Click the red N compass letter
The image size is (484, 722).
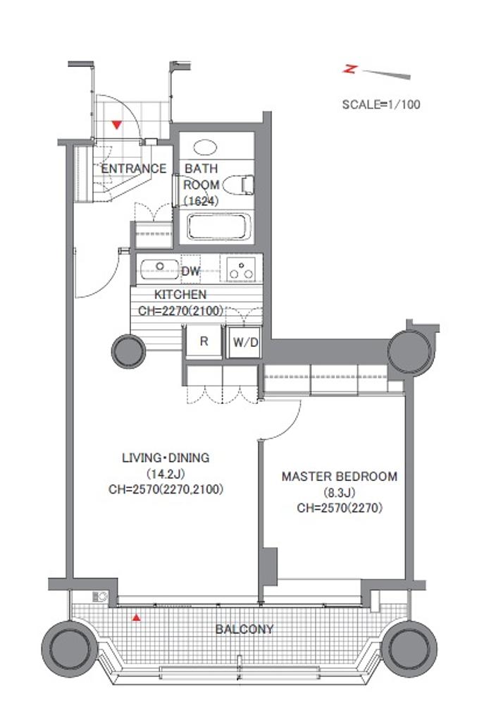coord(351,70)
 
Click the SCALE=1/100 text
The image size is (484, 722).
coord(381,104)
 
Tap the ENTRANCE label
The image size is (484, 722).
coord(133,169)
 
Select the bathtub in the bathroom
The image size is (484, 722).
coord(219,226)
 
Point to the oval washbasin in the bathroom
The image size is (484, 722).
coord(205,147)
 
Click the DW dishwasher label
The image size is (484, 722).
coord(191,271)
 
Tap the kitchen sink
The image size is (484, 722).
coord(159,269)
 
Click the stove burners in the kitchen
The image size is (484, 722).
coord(241,269)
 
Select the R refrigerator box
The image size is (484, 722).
coord(204,341)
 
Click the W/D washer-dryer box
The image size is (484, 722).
coord(245,342)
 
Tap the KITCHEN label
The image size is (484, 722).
coord(180,294)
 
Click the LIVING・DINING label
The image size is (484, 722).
coord(166,458)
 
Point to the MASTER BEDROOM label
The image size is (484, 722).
coord(340,476)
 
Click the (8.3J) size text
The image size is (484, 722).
coord(340,493)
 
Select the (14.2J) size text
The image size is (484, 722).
coord(166,473)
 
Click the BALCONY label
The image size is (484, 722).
coord(244,629)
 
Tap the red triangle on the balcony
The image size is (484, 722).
coord(136,618)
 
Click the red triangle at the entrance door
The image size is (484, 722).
coord(117,124)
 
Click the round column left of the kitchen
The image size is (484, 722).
coord(129,351)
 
